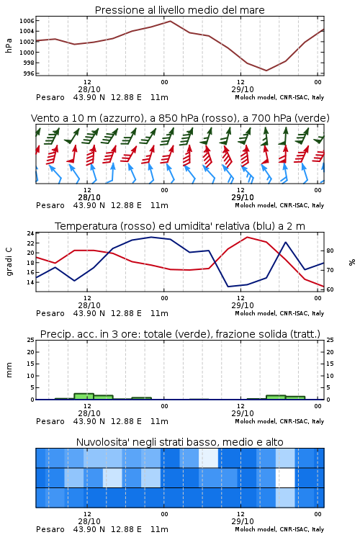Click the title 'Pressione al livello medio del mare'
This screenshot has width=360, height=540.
click(179, 10)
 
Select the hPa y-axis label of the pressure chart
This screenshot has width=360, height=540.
click(9, 45)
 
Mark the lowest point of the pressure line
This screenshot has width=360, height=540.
click(266, 71)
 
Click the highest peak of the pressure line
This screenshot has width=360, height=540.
click(170, 21)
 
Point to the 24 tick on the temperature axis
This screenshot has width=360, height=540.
click(31, 233)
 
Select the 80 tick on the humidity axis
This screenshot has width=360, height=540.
click(330, 251)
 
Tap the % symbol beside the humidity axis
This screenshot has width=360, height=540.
click(352, 262)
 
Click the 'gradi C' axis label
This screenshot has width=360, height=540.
click(9, 262)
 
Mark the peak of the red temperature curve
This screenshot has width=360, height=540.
click(247, 237)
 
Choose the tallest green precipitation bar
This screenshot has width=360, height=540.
click(84, 397)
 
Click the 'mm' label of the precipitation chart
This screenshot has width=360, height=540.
click(9, 370)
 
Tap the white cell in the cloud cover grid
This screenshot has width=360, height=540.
click(285, 477)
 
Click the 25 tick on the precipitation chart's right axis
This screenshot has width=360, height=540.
click(330, 340)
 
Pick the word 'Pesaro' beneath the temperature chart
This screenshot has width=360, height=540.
click(50, 313)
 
